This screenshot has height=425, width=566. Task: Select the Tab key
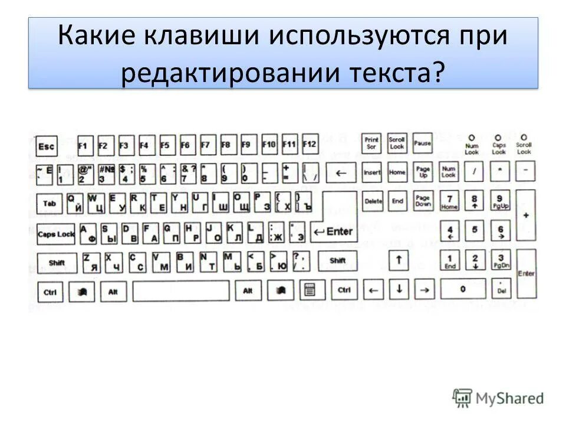click(48, 204)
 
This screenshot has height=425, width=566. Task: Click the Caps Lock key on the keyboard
click(55, 234)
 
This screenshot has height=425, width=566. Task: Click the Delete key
click(373, 201)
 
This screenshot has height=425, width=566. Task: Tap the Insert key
click(372, 172)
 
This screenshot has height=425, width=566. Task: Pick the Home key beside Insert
click(397, 172)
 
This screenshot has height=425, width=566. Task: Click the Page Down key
click(422, 201)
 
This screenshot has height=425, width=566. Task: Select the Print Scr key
click(371, 143)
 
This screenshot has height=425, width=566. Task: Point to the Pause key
click(422, 143)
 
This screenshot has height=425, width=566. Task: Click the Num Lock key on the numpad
click(449, 172)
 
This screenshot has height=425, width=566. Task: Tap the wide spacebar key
click(180, 290)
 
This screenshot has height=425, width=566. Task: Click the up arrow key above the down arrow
click(399, 259)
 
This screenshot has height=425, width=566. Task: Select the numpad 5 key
click(474, 230)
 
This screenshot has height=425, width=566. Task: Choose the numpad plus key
click(525, 215)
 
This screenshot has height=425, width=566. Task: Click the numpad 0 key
click(462, 289)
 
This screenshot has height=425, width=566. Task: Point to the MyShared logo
click(498, 398)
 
